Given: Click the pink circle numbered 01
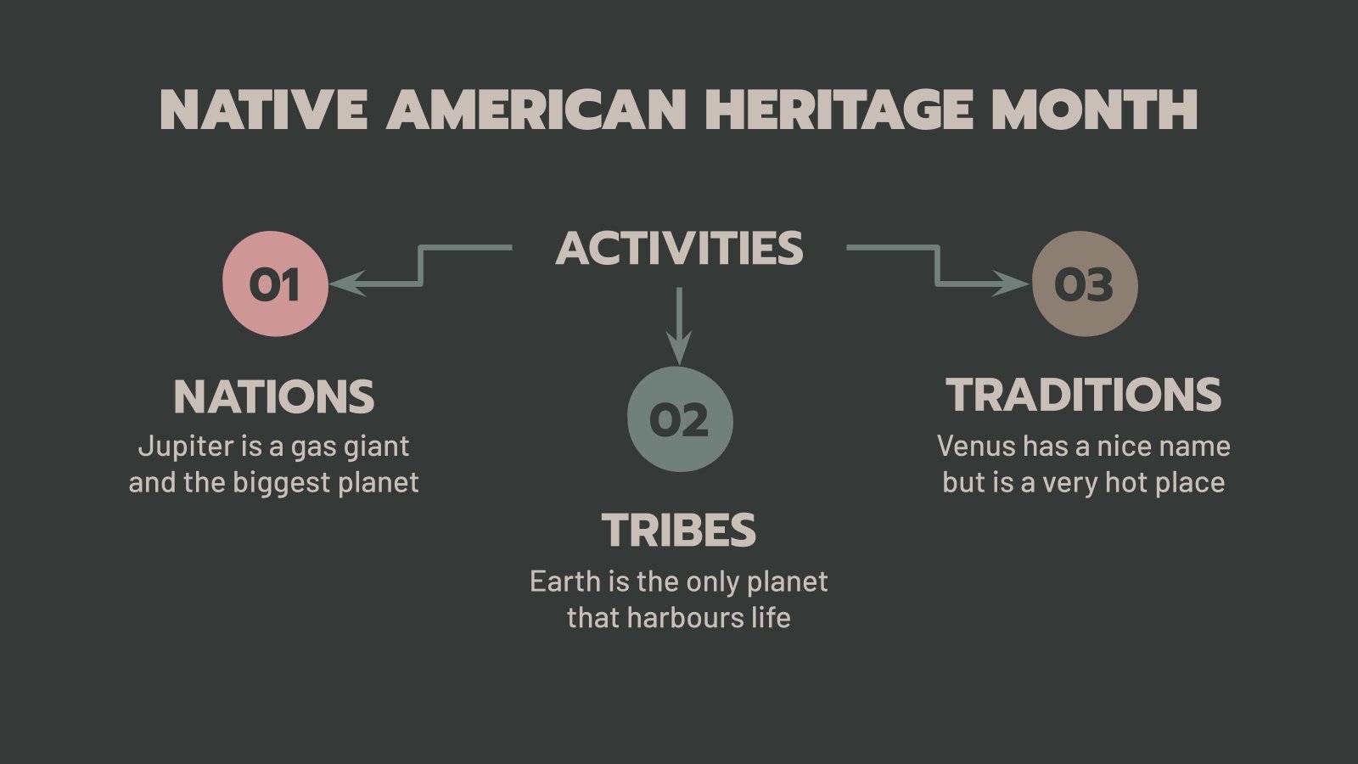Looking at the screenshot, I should pyautogui.click(x=275, y=284).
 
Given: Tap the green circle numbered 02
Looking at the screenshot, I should pyautogui.click(x=679, y=419).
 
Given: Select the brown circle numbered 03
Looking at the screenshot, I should pyautogui.click(x=1084, y=284).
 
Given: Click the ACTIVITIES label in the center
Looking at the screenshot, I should pyautogui.click(x=679, y=248).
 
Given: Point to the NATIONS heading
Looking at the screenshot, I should pyautogui.click(x=273, y=396).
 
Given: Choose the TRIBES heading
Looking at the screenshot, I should pyautogui.click(x=679, y=531).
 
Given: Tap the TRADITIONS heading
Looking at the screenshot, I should pyautogui.click(x=1084, y=395).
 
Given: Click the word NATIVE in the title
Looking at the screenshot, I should pyautogui.click(x=263, y=110).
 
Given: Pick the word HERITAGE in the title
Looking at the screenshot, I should pyautogui.click(x=839, y=110).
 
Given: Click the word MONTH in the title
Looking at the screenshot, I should pyautogui.click(x=1094, y=110).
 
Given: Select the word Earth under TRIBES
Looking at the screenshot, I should pyautogui.click(x=564, y=581).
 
